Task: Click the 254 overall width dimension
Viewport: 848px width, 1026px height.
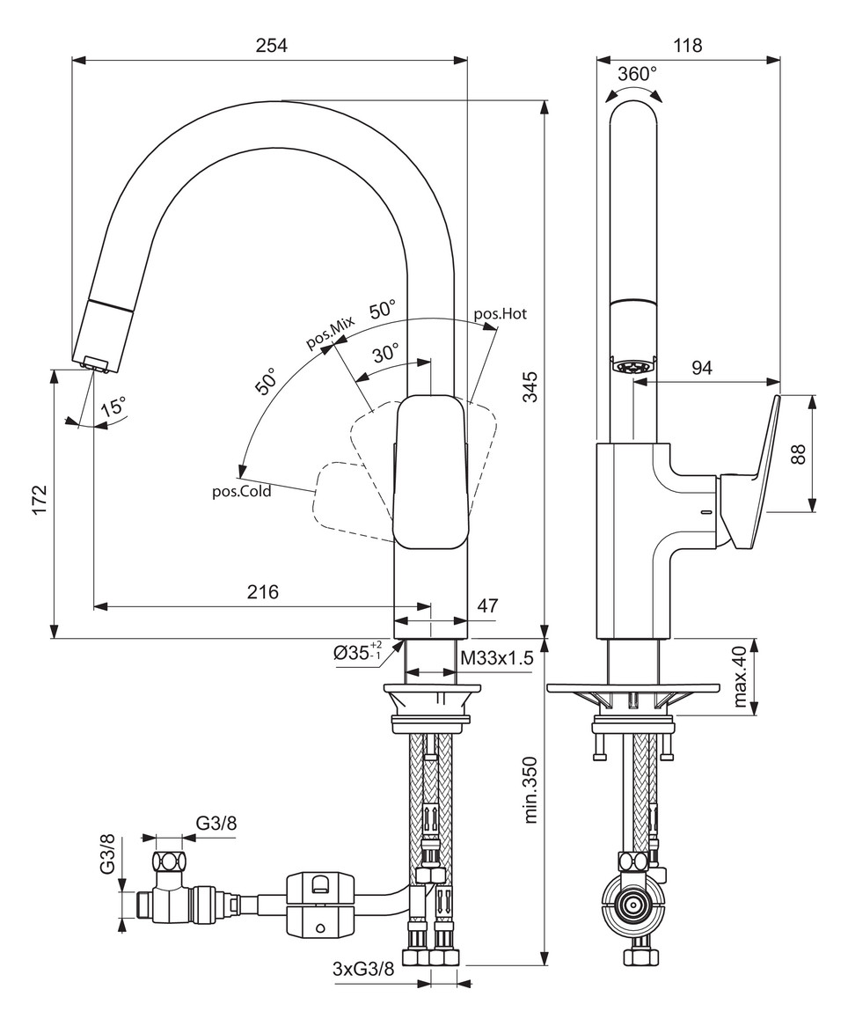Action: click(271, 46)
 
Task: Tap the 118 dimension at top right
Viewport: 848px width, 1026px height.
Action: click(687, 46)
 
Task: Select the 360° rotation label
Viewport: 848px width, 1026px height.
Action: click(635, 75)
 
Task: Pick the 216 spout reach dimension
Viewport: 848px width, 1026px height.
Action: click(262, 592)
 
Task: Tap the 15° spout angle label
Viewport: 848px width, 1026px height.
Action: click(113, 407)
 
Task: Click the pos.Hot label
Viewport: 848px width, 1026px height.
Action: click(501, 313)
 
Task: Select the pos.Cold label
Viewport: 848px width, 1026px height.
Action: click(241, 492)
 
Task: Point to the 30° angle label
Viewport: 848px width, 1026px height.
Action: click(384, 354)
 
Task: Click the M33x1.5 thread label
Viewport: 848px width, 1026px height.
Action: click(497, 657)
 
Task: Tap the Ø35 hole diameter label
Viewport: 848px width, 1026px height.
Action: click(355, 653)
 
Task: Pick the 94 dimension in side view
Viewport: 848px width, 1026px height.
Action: click(700, 368)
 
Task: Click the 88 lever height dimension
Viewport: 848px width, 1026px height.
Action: click(799, 453)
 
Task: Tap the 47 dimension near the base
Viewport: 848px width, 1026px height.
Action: click(487, 605)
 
